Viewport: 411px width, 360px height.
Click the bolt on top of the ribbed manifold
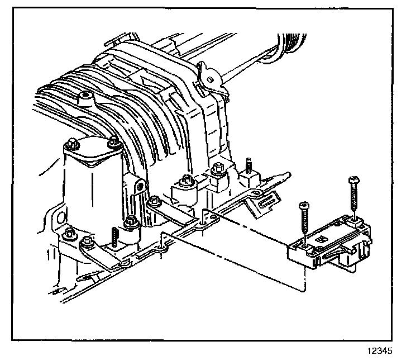[85, 99]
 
